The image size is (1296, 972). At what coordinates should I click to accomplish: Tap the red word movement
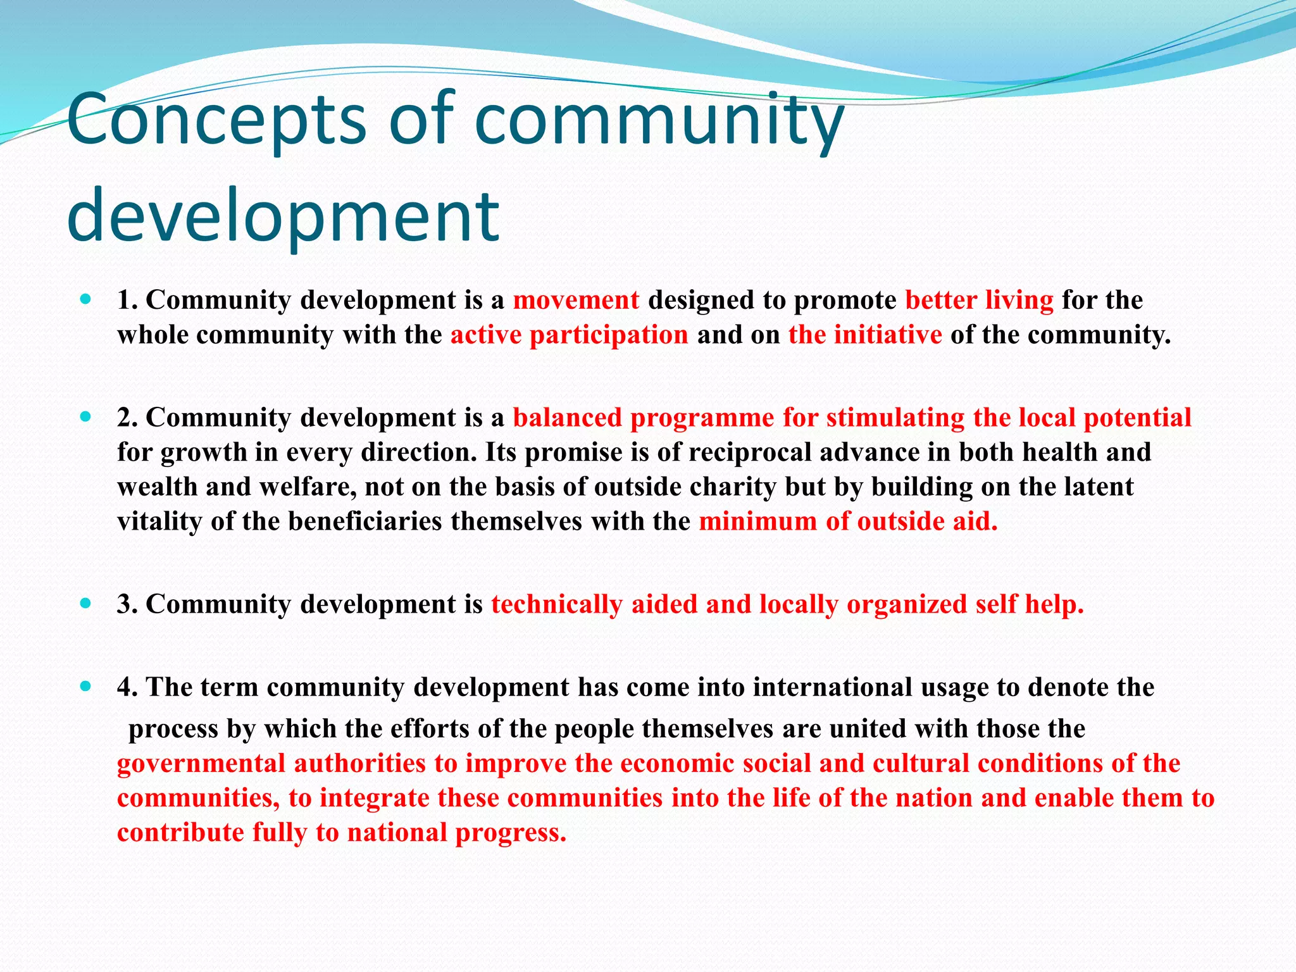(576, 300)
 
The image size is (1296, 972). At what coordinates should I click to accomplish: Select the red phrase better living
(979, 300)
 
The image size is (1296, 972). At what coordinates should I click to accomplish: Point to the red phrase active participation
(569, 335)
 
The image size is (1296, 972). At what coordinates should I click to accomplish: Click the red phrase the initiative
(864, 335)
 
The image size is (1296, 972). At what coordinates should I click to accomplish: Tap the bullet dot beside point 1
(87, 298)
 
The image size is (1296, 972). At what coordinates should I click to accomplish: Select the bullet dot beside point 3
(87, 602)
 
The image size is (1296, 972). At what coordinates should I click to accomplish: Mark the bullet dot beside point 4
(87, 685)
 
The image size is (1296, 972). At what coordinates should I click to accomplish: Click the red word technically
(556, 604)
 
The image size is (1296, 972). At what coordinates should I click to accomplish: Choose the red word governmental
(201, 764)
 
